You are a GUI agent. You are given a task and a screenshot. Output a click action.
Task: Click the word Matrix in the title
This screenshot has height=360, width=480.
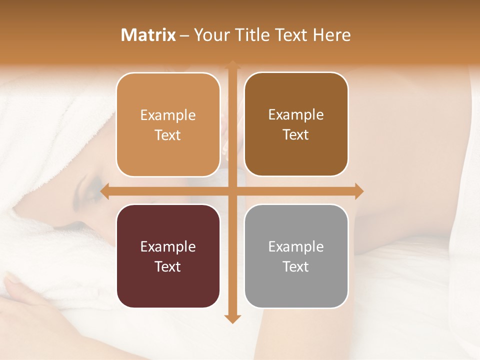pos(148,35)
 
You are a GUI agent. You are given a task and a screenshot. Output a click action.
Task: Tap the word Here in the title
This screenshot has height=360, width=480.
pos(331,35)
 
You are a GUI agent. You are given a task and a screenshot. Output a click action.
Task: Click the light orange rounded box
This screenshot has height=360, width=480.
pos(168,124)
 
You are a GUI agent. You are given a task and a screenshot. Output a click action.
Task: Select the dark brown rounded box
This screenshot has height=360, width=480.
pos(296,124)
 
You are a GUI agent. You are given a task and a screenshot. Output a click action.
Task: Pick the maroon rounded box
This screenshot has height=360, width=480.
pos(168,256)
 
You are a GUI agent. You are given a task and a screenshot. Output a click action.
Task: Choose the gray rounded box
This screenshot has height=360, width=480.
pos(296,256)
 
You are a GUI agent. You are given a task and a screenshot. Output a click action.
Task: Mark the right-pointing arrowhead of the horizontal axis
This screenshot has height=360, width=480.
pos(359,191)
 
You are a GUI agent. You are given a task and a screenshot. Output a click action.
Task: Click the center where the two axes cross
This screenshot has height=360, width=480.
pos(232,191)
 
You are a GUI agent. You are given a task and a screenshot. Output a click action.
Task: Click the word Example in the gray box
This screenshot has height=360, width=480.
pos(296,246)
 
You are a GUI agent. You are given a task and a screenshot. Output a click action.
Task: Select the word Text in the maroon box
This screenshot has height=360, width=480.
pos(168,266)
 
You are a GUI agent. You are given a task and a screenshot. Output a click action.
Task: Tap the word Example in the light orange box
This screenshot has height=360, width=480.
pos(168,115)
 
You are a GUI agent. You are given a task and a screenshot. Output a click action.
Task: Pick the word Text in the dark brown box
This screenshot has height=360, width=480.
pos(296,135)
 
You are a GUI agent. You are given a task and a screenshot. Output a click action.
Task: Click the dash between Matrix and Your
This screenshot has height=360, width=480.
pos(184,35)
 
